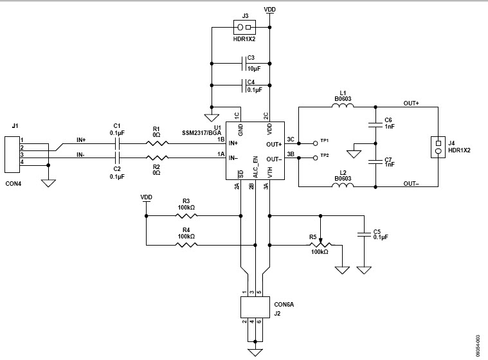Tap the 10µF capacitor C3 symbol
click(243, 64)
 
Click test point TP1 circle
click(315, 143)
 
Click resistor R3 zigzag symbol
click(186, 216)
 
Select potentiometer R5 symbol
click(320, 244)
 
